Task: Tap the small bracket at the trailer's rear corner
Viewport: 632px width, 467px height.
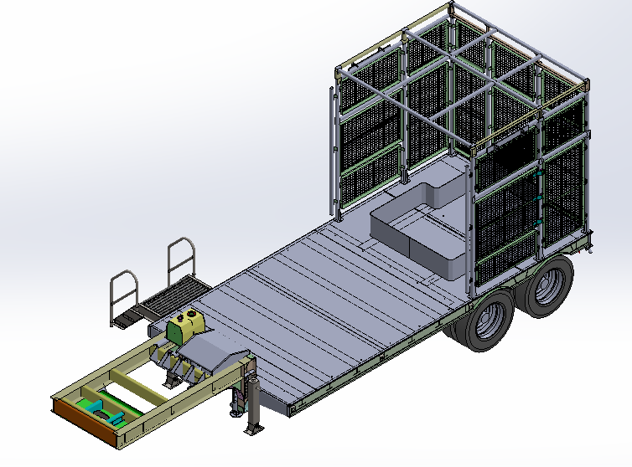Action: tap(591, 246)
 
